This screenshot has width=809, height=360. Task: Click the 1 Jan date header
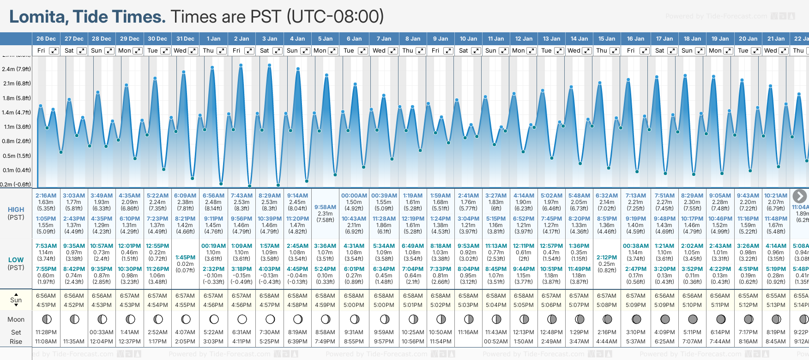[x=213, y=39]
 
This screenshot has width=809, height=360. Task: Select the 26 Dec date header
[x=46, y=39]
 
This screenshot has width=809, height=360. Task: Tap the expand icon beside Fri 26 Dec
[x=54, y=51]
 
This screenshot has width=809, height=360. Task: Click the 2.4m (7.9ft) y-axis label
[x=16, y=69]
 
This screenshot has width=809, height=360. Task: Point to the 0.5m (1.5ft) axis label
[x=16, y=156]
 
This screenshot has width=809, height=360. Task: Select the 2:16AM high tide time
[x=46, y=196]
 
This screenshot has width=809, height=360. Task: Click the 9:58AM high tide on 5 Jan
[x=325, y=207]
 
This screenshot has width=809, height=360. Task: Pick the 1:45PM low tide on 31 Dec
[x=185, y=258]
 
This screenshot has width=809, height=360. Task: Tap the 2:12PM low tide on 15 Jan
[x=607, y=258]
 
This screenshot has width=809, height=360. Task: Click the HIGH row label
[x=16, y=210]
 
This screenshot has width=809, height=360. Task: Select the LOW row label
[x=16, y=260]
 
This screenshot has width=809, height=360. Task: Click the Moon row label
[x=16, y=319]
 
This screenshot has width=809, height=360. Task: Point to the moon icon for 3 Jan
[x=270, y=319]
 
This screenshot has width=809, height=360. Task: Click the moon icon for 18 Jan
[x=693, y=319]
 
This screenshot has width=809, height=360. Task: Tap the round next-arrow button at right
[x=800, y=196]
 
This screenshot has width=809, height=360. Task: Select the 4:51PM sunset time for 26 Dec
[x=46, y=305]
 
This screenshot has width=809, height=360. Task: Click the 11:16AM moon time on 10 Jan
[x=468, y=332]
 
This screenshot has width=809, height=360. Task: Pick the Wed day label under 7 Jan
[x=379, y=51]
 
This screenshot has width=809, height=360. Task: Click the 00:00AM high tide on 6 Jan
[x=354, y=196]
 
